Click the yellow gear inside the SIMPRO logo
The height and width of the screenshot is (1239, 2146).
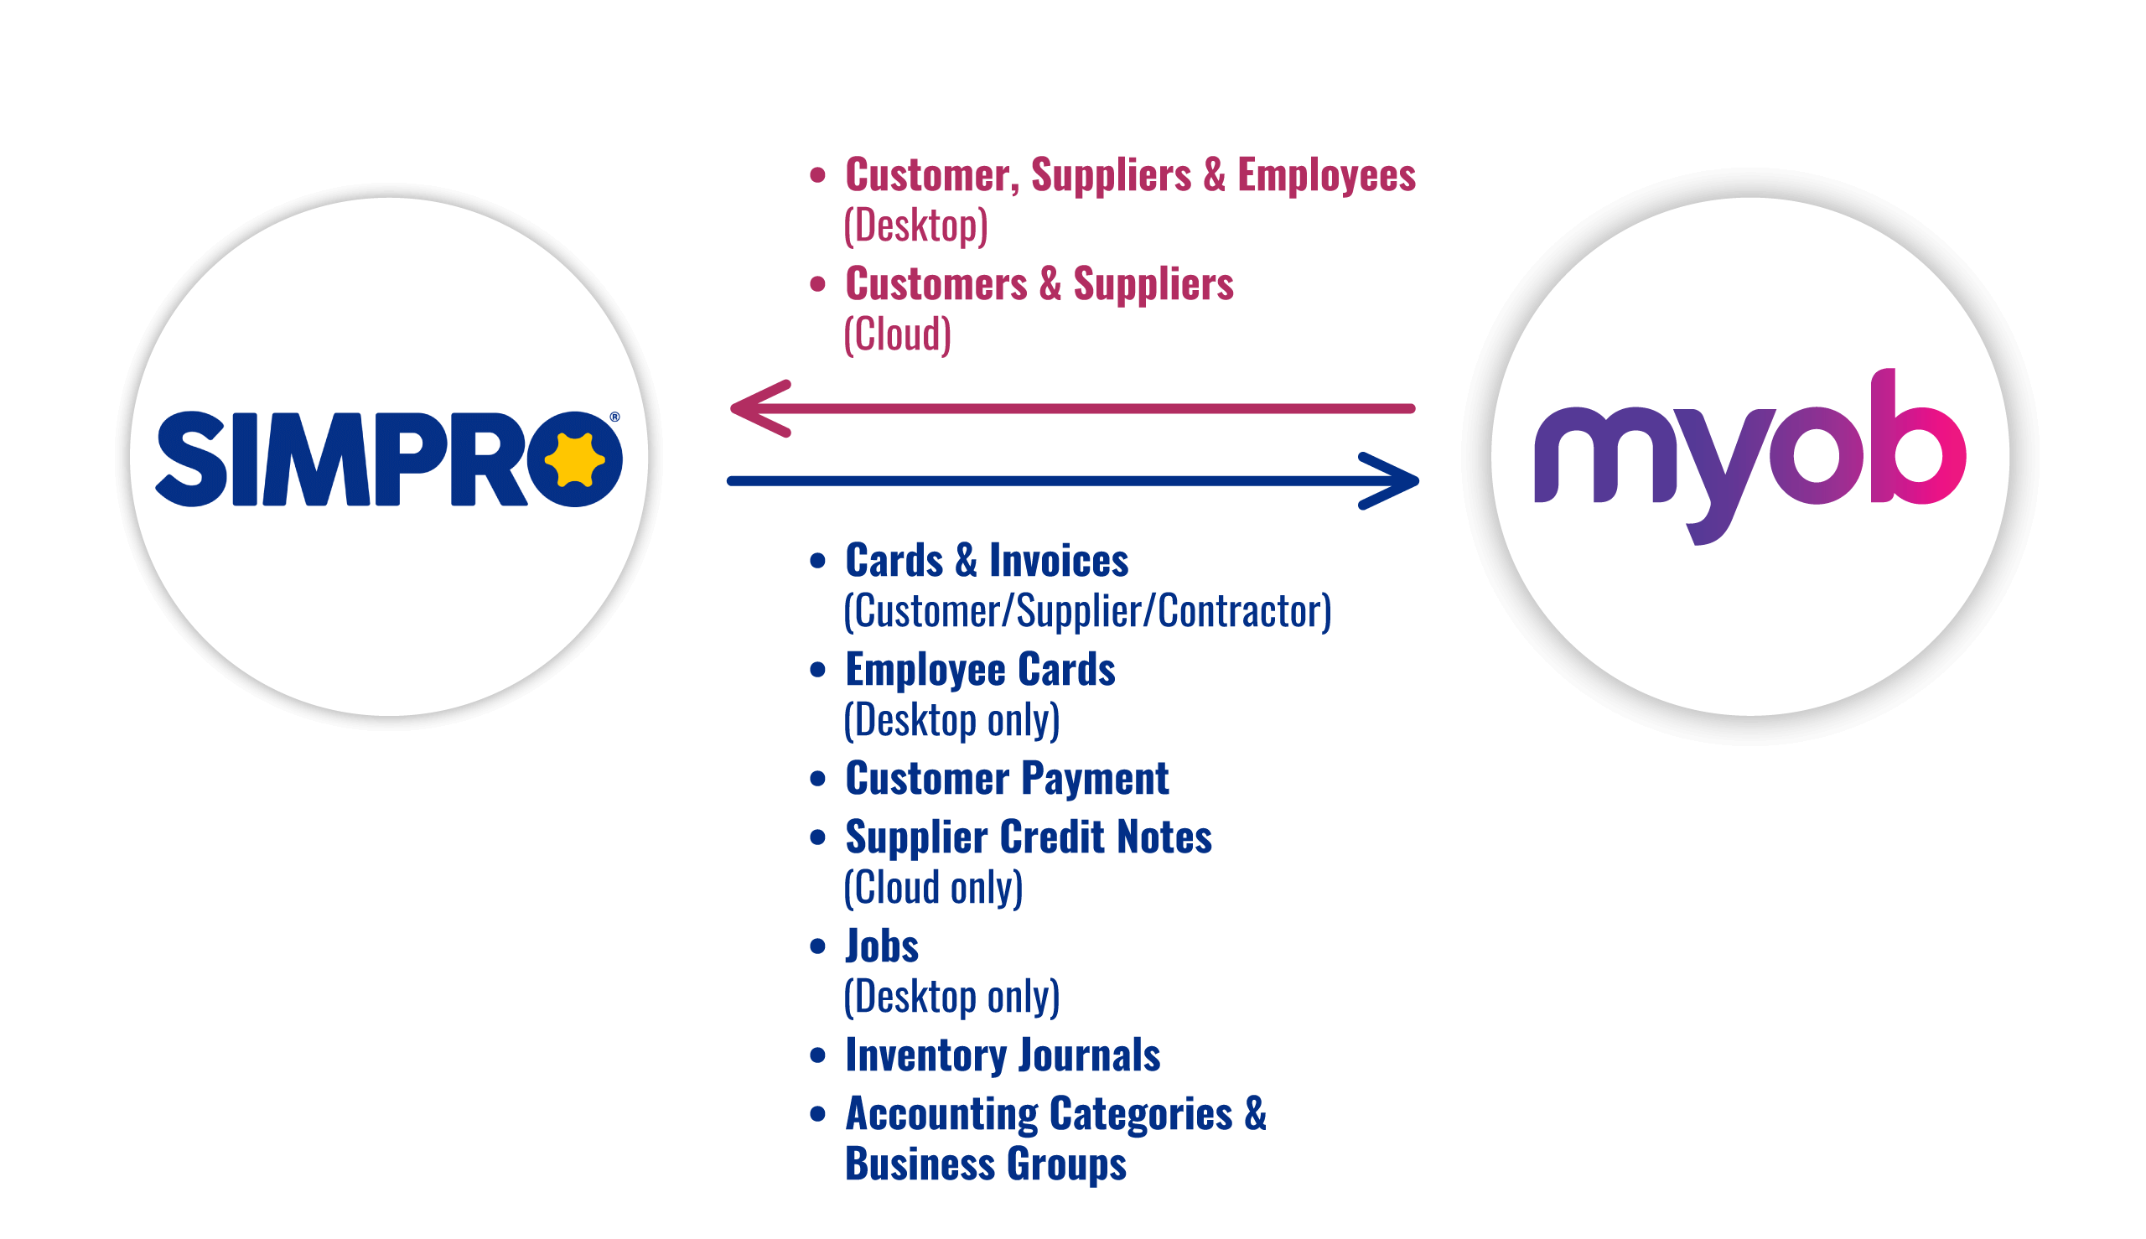574,459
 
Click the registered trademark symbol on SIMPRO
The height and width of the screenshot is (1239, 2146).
614,417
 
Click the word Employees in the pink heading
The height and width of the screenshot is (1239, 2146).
1325,175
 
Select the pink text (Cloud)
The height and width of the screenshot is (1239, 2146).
897,334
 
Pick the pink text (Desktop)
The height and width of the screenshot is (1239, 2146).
915,226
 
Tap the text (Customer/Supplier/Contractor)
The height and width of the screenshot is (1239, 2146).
1086,612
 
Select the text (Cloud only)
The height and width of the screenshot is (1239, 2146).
933,889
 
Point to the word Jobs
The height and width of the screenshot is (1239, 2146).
882,946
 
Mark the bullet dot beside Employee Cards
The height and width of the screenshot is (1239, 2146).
817,670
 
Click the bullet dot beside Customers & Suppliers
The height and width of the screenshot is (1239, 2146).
817,283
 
